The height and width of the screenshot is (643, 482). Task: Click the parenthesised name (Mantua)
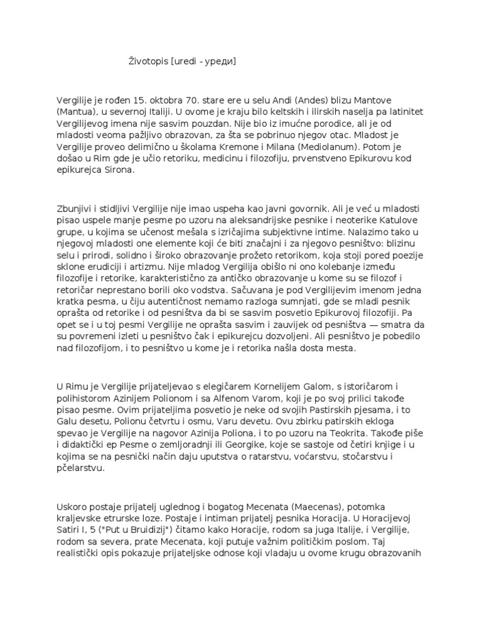tap(77, 112)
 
